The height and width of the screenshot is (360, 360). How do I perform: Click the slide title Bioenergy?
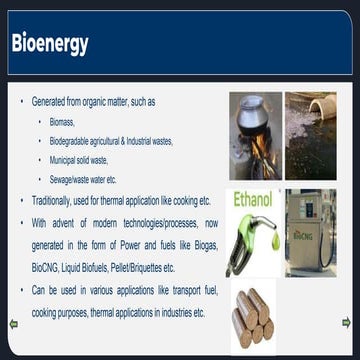[x=49, y=44]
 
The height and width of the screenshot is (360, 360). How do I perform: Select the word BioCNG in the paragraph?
[x=46, y=268]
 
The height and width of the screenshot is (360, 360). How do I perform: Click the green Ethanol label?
[x=253, y=199]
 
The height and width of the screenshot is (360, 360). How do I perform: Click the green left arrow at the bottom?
[x=13, y=323]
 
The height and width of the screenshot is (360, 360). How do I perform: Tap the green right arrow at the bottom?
[x=346, y=322]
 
